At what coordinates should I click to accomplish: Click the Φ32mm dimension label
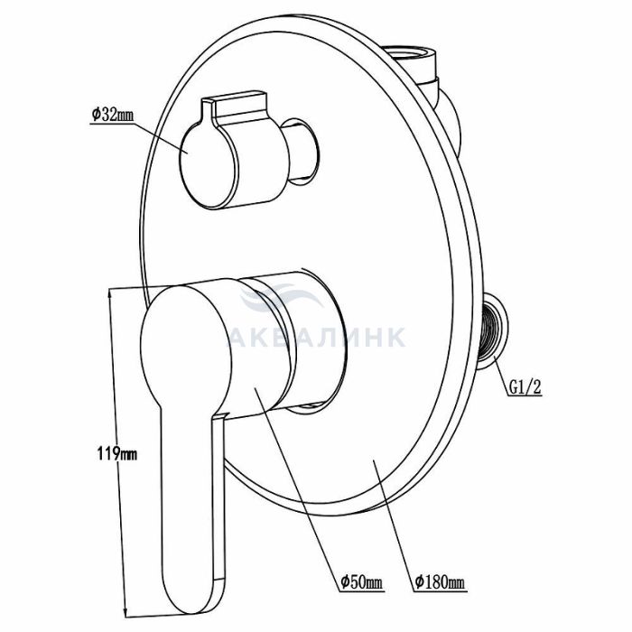(x=112, y=115)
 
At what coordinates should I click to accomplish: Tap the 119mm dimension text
(x=116, y=454)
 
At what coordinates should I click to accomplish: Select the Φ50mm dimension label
(x=362, y=582)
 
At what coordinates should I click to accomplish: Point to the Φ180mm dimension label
(x=441, y=582)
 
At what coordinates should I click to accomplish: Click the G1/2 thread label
(x=525, y=387)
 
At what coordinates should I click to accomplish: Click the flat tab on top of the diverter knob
(x=237, y=104)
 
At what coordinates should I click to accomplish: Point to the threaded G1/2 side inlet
(x=492, y=330)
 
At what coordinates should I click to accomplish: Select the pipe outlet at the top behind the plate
(x=411, y=60)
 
